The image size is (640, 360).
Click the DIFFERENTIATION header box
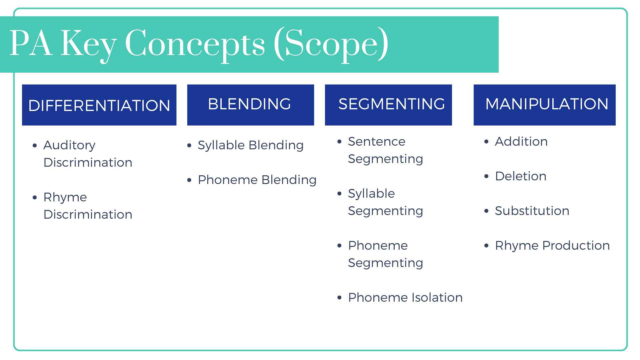99,105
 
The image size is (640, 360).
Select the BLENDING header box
250,105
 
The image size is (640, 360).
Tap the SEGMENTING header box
388,105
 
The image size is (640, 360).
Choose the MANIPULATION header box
544,105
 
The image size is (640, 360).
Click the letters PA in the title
31,43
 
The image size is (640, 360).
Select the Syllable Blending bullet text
250,145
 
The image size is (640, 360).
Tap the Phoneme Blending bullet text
257,180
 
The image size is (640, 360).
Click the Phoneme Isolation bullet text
405,298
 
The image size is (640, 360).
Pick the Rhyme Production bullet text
552,246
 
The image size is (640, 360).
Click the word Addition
521,142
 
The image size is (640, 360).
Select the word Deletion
520,176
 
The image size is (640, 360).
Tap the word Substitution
532,211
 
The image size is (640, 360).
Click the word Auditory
69,145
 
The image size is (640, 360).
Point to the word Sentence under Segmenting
376,142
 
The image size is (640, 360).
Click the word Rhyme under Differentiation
65,197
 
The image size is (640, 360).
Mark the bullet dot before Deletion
486,176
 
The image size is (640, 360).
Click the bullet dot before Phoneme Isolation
339,298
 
